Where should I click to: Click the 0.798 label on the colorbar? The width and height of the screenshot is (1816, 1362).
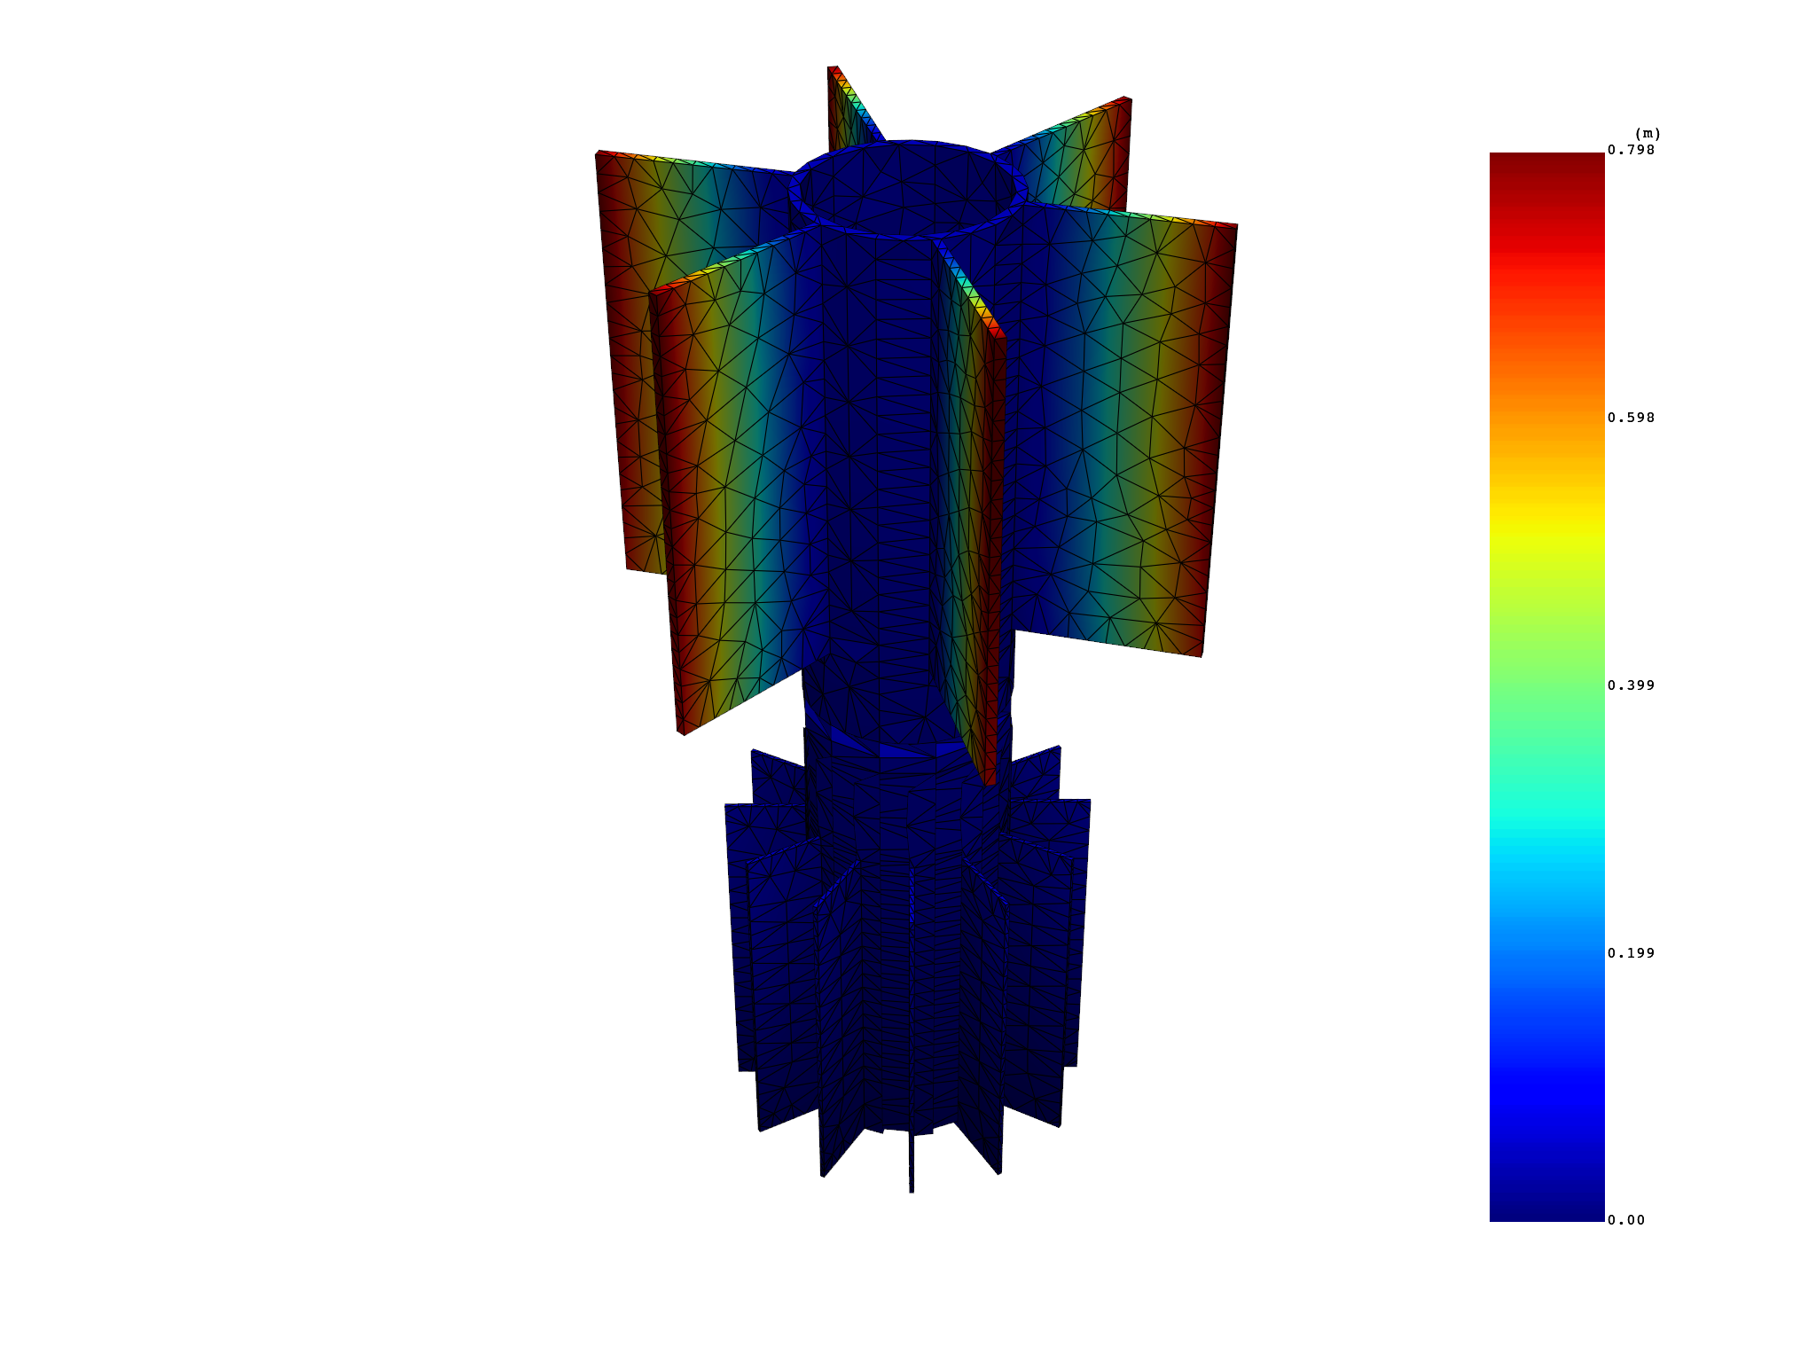(1631, 150)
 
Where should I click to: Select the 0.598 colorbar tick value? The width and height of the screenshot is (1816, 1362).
(1631, 418)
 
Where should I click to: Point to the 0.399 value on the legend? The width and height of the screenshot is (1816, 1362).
(1631, 685)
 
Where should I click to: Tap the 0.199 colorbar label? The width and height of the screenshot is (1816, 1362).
(1631, 953)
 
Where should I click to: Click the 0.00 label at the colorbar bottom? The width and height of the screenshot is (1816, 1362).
(1626, 1220)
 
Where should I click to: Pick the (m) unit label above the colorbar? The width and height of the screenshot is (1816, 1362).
(1648, 134)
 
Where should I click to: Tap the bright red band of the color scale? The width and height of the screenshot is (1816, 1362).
(1546, 266)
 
